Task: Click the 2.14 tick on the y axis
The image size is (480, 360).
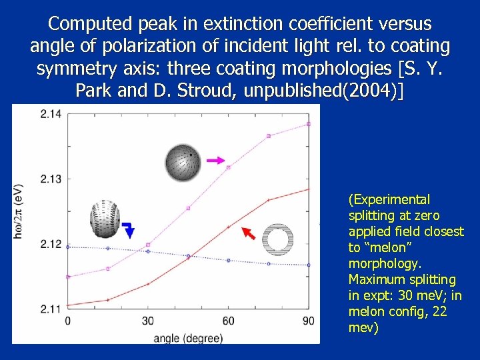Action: click(50, 113)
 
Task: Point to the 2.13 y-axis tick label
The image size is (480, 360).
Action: click(50, 178)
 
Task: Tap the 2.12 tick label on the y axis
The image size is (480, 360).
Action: click(50, 244)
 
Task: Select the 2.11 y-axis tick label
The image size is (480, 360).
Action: click(50, 309)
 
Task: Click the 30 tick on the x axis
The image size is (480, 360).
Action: click(148, 321)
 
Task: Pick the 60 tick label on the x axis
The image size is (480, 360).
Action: click(228, 321)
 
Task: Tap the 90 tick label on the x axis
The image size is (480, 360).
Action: click(308, 321)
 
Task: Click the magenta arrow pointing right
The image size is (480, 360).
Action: click(215, 161)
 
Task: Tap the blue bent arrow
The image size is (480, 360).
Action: click(129, 229)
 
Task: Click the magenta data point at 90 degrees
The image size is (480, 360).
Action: click(308, 124)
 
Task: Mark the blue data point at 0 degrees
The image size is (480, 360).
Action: click(68, 247)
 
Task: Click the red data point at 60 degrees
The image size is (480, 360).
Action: click(228, 227)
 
